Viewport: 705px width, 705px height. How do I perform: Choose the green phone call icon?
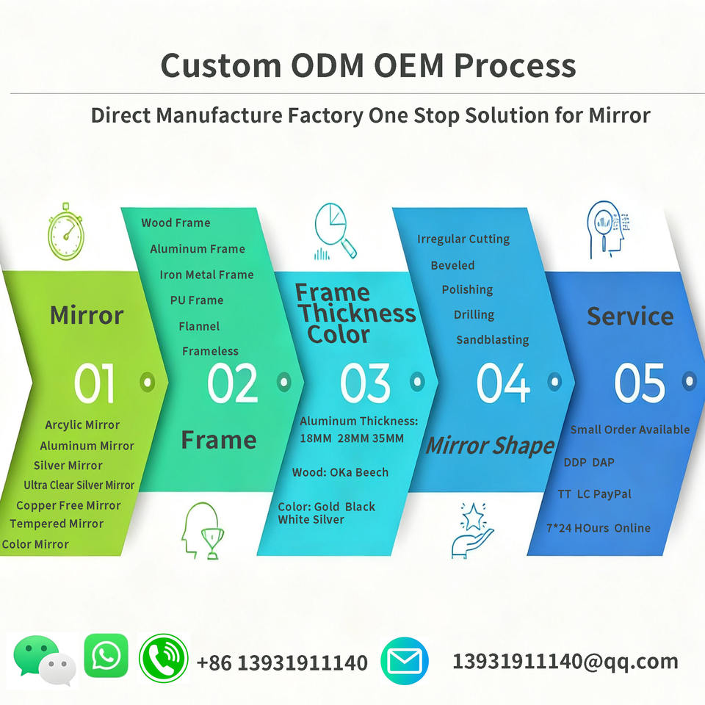[x=164, y=659]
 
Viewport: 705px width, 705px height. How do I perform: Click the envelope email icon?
[x=405, y=662]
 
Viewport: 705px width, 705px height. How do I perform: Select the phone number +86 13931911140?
[x=282, y=663]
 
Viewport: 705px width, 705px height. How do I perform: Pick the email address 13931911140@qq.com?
[x=565, y=661]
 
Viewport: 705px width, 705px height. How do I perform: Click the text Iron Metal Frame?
[x=206, y=275]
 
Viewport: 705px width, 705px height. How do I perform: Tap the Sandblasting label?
[x=492, y=340]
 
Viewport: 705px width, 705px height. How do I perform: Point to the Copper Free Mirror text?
[x=68, y=505]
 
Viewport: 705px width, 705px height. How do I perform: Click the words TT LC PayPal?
[x=594, y=494]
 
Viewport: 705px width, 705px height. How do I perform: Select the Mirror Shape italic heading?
[x=490, y=446]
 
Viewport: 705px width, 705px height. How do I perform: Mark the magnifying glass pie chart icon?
[x=335, y=231]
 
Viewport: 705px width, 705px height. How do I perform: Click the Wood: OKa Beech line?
[x=340, y=472]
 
